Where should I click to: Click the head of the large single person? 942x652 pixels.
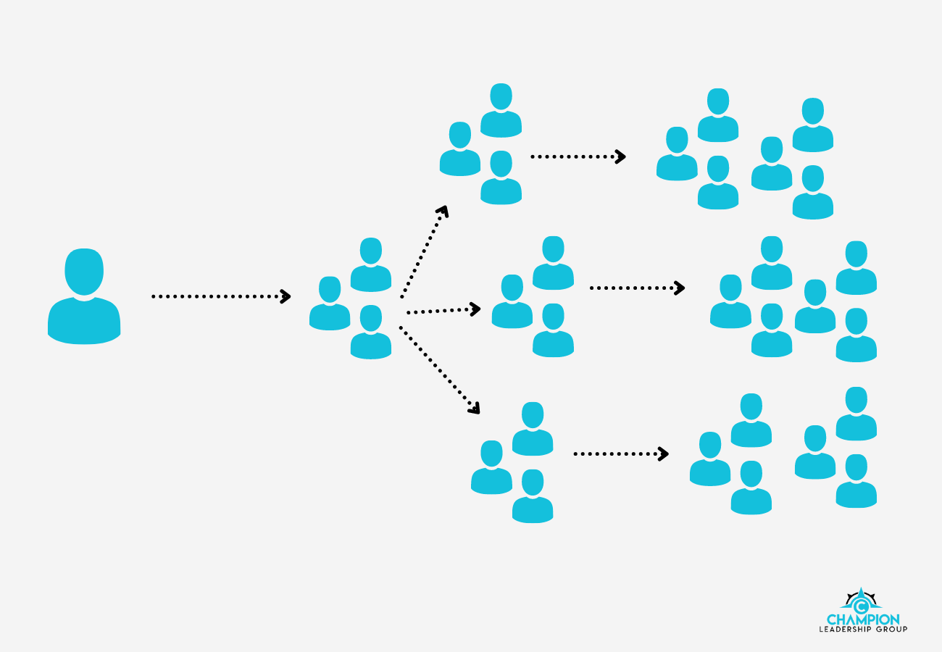[x=84, y=272]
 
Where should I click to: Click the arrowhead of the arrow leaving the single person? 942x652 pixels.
[x=285, y=296]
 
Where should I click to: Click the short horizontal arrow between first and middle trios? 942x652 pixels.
[x=443, y=310]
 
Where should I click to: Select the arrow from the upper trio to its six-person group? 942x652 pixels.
[x=578, y=156]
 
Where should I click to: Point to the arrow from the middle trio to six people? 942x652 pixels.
[x=636, y=288]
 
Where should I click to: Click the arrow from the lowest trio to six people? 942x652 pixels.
[x=620, y=454]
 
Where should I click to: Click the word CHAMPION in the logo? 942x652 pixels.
[x=863, y=619]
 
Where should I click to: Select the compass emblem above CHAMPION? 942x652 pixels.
[x=861, y=601]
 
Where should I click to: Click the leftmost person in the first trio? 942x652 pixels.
[x=330, y=304]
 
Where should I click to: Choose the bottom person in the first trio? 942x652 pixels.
[x=371, y=333]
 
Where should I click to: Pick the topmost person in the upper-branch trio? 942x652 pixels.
[x=501, y=111]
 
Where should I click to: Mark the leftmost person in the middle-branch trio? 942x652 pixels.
[x=512, y=302]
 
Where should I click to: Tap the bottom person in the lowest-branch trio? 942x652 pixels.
[x=533, y=497]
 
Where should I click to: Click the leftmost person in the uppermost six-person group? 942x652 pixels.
[x=677, y=154]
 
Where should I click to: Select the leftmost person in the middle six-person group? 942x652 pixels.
[x=730, y=302]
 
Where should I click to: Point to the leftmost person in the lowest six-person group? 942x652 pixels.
[x=710, y=459]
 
